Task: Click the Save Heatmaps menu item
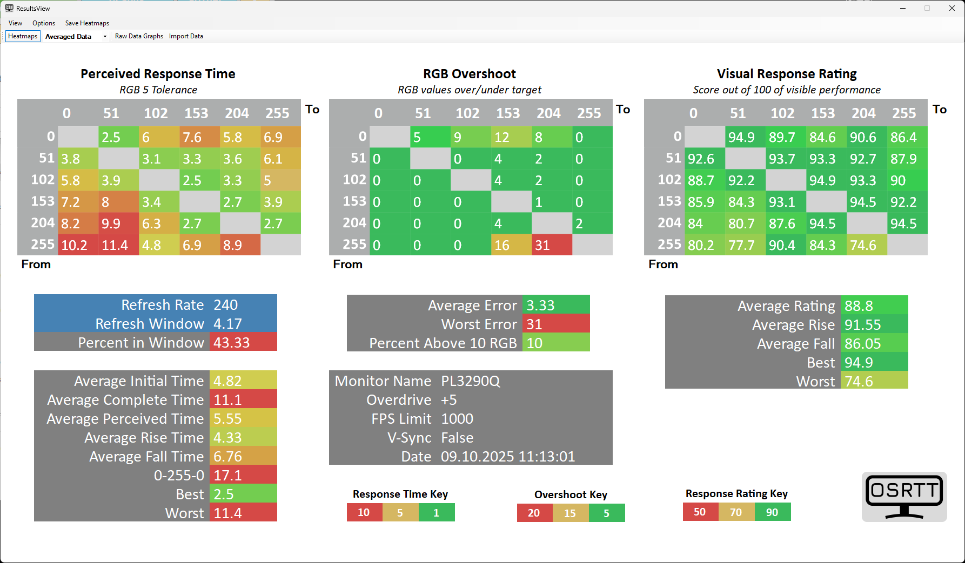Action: point(87,23)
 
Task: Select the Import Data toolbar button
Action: point(186,36)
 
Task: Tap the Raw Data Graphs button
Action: point(139,36)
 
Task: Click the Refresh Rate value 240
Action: point(226,305)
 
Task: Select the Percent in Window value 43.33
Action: point(232,343)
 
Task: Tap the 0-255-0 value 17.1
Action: point(228,476)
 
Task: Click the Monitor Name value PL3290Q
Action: point(471,381)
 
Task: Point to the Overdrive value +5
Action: point(449,400)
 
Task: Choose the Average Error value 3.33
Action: point(541,306)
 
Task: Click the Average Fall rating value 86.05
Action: point(863,344)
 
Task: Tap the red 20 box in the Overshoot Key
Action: point(534,513)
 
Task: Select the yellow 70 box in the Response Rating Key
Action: point(736,512)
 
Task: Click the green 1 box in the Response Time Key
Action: point(437,512)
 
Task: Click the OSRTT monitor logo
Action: point(904,497)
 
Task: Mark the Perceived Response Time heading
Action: point(158,74)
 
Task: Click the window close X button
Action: point(952,8)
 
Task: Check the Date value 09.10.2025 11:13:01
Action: point(508,457)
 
